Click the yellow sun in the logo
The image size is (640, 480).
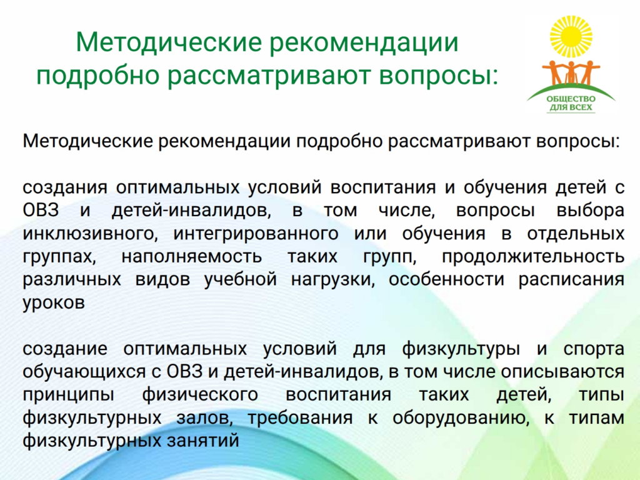pos(571,36)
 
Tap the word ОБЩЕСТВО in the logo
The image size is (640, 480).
pos(571,99)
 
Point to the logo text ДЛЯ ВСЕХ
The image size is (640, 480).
pos(571,107)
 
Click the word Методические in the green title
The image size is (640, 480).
pos(168,42)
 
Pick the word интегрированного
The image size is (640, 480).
pos(256,234)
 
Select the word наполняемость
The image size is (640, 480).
pos(191,257)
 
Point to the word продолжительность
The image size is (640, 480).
pos(533,257)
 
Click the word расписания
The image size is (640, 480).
pos(571,280)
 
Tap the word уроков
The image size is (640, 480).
pos(54,303)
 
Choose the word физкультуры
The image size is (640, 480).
pos(461,349)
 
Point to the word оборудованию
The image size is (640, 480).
pos(461,418)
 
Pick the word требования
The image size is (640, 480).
pos(301,418)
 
